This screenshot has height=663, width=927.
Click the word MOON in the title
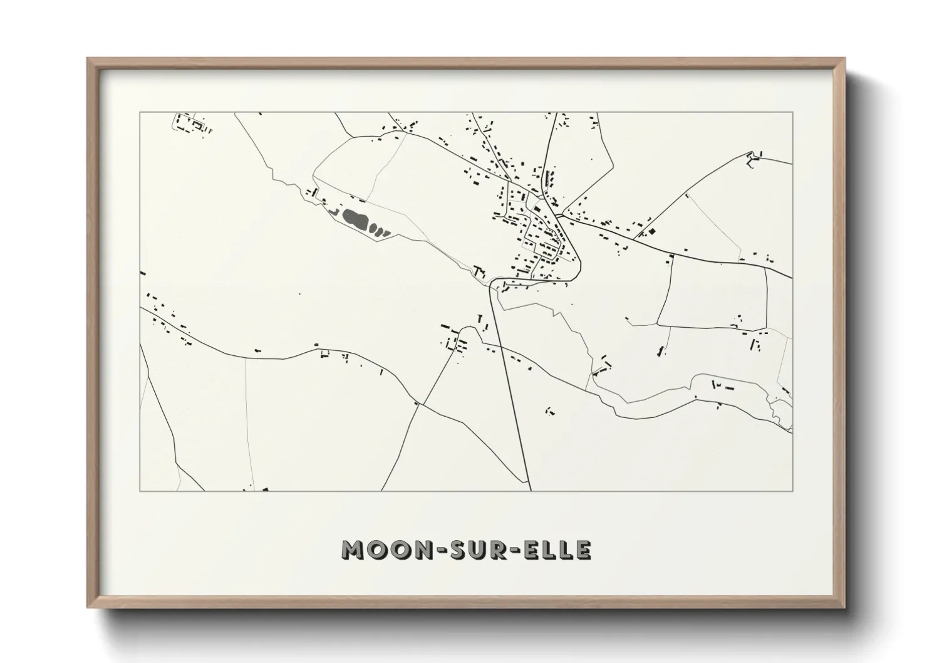click(x=380, y=550)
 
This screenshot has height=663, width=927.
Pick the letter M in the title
click(x=353, y=550)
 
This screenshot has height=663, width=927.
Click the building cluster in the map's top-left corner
click(x=190, y=123)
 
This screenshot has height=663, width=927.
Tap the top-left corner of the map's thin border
click(x=140, y=112)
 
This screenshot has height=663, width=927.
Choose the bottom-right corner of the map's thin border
click(x=793, y=491)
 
